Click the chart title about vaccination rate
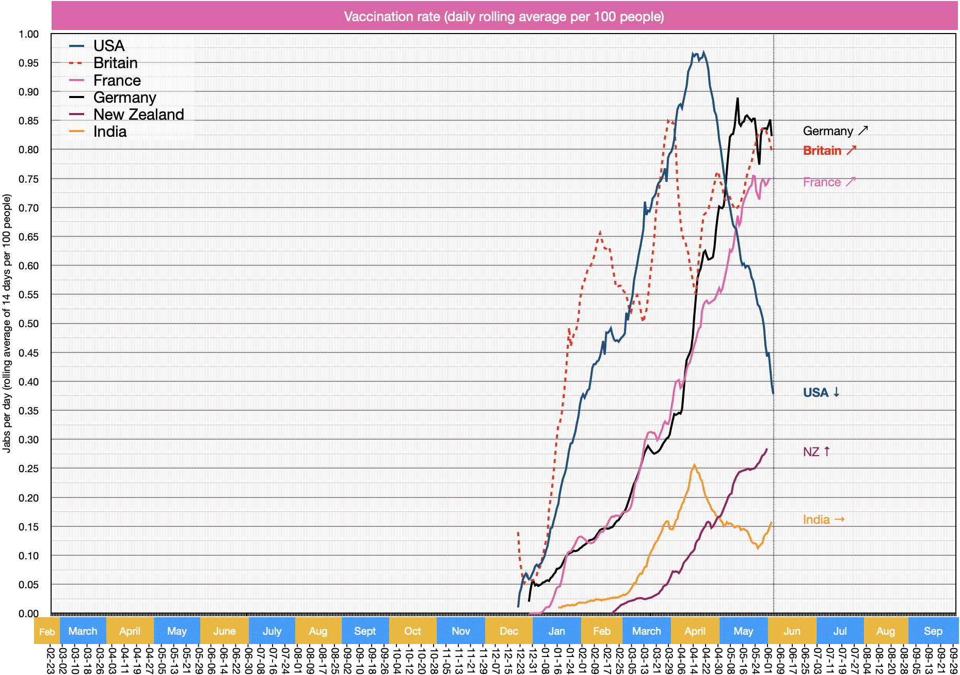504,17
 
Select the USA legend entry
108,46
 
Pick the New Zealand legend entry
138,115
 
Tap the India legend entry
109,132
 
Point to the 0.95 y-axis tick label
29,63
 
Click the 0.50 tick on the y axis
29,324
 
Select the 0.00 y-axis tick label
29,613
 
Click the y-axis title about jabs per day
7,324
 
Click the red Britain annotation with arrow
829,151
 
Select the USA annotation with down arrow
821,393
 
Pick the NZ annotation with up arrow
816,452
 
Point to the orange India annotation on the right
823,520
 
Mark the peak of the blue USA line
703,52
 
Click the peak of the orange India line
694,465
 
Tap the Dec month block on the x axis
508,631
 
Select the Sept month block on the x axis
365,631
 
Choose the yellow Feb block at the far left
46,631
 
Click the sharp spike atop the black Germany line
738,99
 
